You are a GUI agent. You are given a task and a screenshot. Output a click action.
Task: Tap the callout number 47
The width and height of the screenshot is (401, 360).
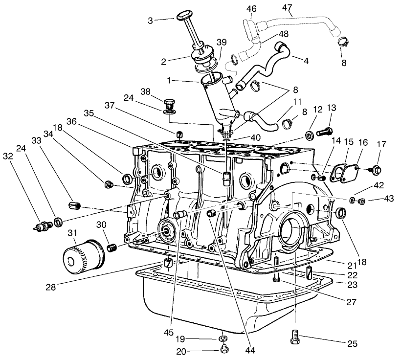(x=288, y=7)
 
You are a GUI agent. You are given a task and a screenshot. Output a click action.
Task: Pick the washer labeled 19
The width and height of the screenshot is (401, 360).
(x=223, y=338)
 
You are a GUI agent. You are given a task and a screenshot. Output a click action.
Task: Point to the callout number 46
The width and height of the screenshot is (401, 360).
(x=251, y=8)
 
